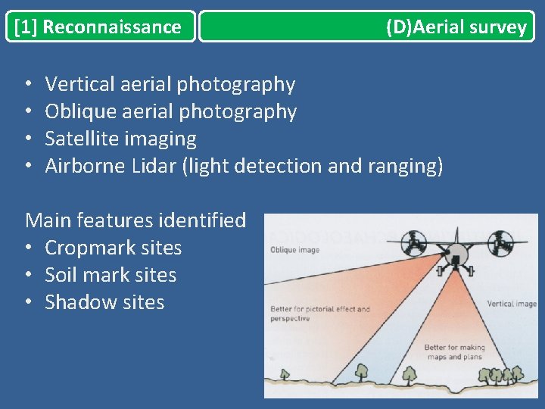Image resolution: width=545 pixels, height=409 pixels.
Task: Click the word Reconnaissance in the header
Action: click(112, 27)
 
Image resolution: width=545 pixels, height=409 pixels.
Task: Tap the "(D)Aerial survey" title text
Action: click(456, 27)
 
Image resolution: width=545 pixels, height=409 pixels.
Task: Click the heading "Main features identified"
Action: click(135, 220)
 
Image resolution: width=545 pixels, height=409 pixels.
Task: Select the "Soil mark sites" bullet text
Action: click(111, 275)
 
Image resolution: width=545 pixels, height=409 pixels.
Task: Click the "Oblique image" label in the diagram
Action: click(294, 251)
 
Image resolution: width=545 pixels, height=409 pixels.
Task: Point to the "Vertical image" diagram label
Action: click(511, 304)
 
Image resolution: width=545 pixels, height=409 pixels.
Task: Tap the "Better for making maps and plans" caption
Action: click(454, 352)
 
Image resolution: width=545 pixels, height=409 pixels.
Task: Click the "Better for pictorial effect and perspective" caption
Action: click(320, 314)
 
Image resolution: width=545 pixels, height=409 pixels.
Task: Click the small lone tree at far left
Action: click(285, 373)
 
